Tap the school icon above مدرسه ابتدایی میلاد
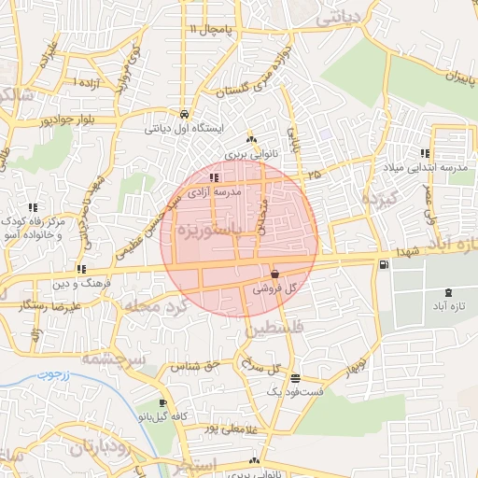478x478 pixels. point(425,153)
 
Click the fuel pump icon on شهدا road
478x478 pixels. point(384,266)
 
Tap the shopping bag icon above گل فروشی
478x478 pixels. point(274,274)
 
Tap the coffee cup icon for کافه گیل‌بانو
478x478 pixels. point(164,403)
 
